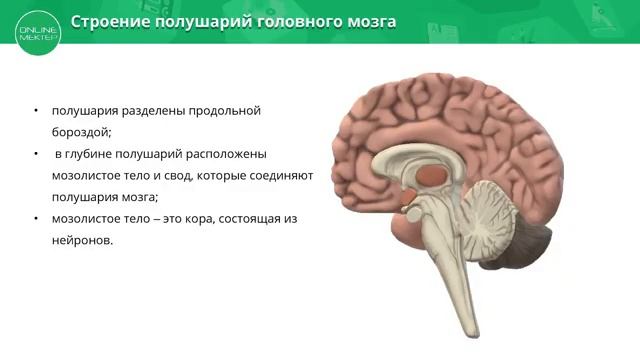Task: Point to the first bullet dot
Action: tap(36, 110)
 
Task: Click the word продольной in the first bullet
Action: tap(225, 110)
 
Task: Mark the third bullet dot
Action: tap(36, 219)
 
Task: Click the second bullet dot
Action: tap(36, 154)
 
